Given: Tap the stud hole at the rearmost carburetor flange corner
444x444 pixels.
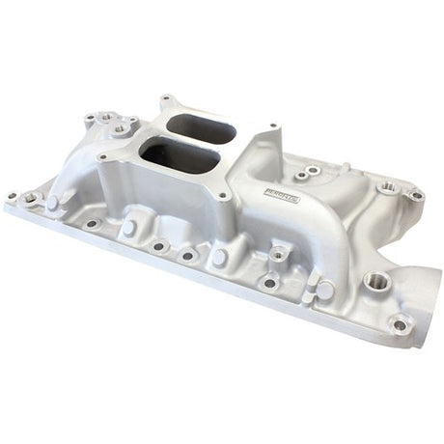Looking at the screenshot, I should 165,98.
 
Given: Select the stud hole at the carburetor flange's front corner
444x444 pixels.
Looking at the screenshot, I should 225,197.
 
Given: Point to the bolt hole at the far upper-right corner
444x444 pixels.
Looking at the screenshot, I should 416,195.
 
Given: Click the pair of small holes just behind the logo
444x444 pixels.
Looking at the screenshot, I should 306,172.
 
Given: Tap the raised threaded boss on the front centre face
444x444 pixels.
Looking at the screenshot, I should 278,254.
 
